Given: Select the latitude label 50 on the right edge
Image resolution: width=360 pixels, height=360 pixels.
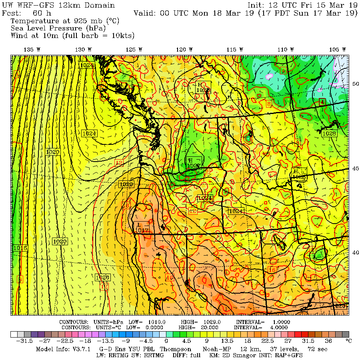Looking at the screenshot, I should [355, 84].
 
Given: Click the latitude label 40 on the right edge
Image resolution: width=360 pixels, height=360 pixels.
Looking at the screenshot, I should [355, 252].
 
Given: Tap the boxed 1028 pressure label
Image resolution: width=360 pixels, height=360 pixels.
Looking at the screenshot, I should [329, 133].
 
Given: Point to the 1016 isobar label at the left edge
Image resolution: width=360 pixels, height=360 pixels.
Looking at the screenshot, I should [20, 248].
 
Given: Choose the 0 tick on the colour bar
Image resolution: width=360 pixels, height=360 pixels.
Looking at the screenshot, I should [166, 341].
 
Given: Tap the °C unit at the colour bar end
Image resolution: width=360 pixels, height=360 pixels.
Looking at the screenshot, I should [348, 341].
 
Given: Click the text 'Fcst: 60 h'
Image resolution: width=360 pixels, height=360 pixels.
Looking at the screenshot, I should [26, 13].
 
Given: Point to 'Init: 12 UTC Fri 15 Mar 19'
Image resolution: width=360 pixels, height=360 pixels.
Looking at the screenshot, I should [302, 6].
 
